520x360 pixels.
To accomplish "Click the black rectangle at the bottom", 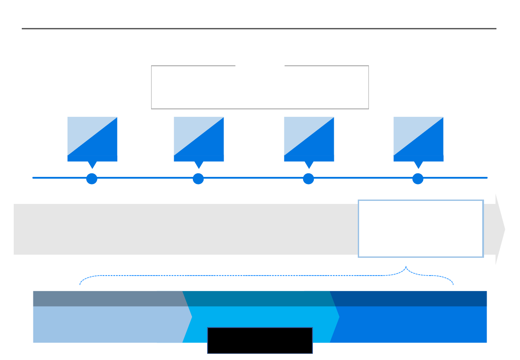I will click(260, 340).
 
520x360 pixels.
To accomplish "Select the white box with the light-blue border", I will click(420, 228).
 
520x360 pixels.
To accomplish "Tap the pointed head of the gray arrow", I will click(500, 229).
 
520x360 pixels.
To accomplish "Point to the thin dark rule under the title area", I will click(259, 29).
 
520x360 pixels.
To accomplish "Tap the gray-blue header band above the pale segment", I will click(107, 299).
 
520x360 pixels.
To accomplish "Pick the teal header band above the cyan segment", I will click(258, 299).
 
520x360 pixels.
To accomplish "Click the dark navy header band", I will click(409, 299).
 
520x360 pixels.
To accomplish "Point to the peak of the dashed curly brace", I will click(406, 267).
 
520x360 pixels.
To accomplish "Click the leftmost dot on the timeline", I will click(92, 179).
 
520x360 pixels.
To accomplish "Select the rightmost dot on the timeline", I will click(418, 179).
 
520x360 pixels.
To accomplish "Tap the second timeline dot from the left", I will click(198, 179).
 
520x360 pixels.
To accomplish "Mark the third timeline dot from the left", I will click(308, 179).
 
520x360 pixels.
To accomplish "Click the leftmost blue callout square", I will click(92, 139).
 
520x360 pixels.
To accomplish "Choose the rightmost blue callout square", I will click(419, 139).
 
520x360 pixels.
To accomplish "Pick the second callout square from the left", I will click(199, 139).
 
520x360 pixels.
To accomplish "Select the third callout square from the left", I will click(309, 139).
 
